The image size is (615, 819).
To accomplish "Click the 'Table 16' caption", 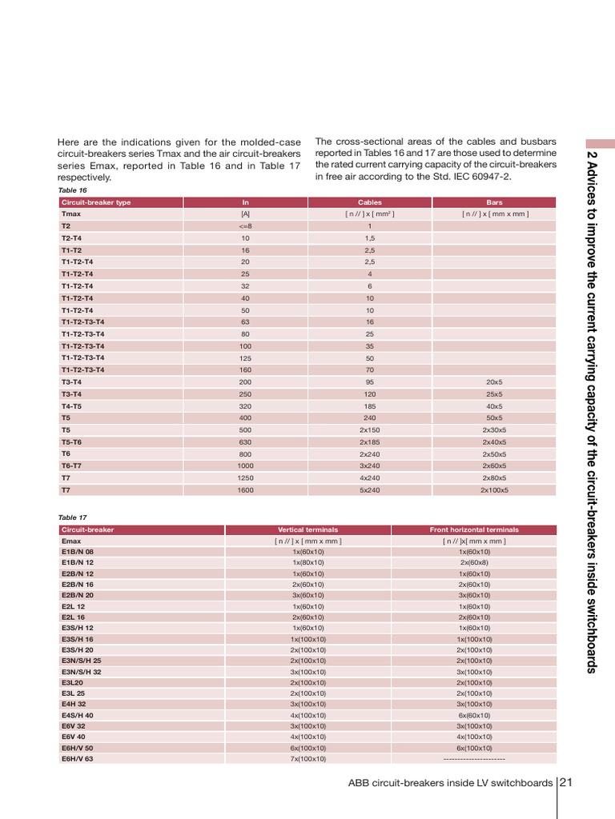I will pyautogui.click(x=72, y=190).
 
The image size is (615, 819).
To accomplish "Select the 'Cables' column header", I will pyautogui.click(x=369, y=202).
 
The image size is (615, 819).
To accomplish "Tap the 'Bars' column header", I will pyautogui.click(x=494, y=202).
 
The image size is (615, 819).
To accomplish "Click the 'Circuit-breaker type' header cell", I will pyautogui.click(x=95, y=202).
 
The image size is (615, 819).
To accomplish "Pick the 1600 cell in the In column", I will pyautogui.click(x=245, y=489).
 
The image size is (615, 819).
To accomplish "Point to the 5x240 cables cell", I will pyautogui.click(x=369, y=489).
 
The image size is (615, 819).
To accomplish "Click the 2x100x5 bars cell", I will pyautogui.click(x=494, y=489).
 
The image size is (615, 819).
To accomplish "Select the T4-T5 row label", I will pyautogui.click(x=71, y=406).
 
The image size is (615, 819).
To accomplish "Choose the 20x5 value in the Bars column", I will pyautogui.click(x=494, y=382).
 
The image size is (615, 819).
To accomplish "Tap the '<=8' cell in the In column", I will pyautogui.click(x=245, y=226).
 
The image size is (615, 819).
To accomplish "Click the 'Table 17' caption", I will pyautogui.click(x=72, y=517).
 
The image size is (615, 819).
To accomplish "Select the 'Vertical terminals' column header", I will pyautogui.click(x=307, y=529).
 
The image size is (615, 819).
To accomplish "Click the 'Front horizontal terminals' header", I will pyautogui.click(x=473, y=529).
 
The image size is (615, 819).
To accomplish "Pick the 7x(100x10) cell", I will pyautogui.click(x=307, y=758).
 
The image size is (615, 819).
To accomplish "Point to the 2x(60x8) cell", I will pyautogui.click(x=473, y=562).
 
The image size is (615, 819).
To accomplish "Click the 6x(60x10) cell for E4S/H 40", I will pyautogui.click(x=473, y=715).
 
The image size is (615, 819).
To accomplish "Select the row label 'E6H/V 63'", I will pyautogui.click(x=77, y=758).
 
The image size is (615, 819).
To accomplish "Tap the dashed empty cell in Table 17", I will pyautogui.click(x=473, y=758).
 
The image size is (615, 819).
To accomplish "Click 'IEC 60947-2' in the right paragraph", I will pyautogui.click(x=482, y=178).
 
